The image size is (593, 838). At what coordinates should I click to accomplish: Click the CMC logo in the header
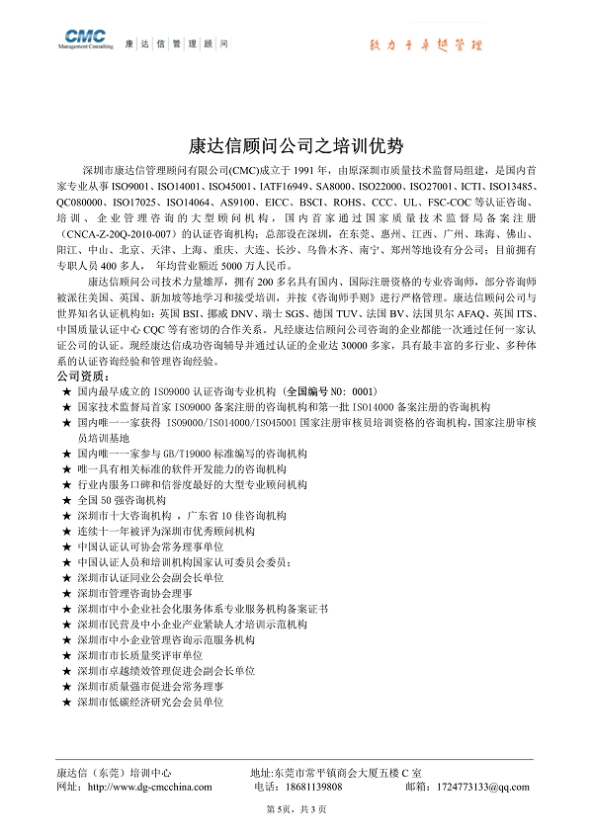point(88,41)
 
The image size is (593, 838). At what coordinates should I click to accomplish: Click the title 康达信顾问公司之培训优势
point(296,146)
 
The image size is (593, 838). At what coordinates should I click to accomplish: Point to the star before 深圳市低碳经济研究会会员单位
point(65,702)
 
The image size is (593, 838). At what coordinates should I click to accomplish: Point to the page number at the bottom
point(296,810)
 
